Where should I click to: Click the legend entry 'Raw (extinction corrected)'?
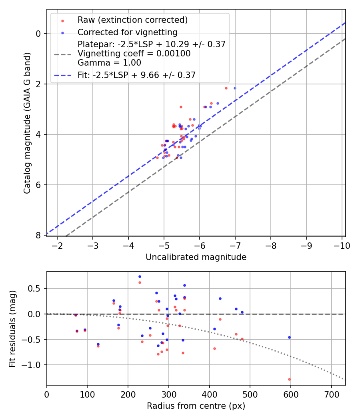132,20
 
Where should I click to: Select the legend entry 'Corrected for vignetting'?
127,32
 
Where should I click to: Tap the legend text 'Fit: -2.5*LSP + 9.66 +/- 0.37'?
136,75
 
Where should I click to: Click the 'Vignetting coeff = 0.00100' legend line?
134,54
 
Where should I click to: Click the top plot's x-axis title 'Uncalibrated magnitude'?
196,257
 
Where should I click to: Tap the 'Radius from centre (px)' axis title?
196,406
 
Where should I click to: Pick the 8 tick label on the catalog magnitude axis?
39,235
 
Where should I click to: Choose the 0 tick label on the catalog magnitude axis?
39,34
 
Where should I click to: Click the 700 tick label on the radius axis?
331,394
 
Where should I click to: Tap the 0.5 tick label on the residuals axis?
36,288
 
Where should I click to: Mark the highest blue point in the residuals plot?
140,276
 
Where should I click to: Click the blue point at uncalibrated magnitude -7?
235,88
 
